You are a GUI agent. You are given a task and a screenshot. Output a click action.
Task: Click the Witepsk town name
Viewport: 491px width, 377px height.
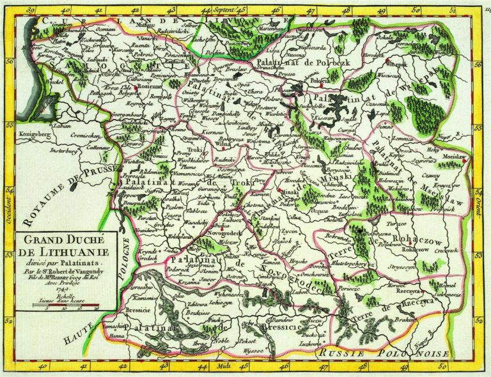399,65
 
